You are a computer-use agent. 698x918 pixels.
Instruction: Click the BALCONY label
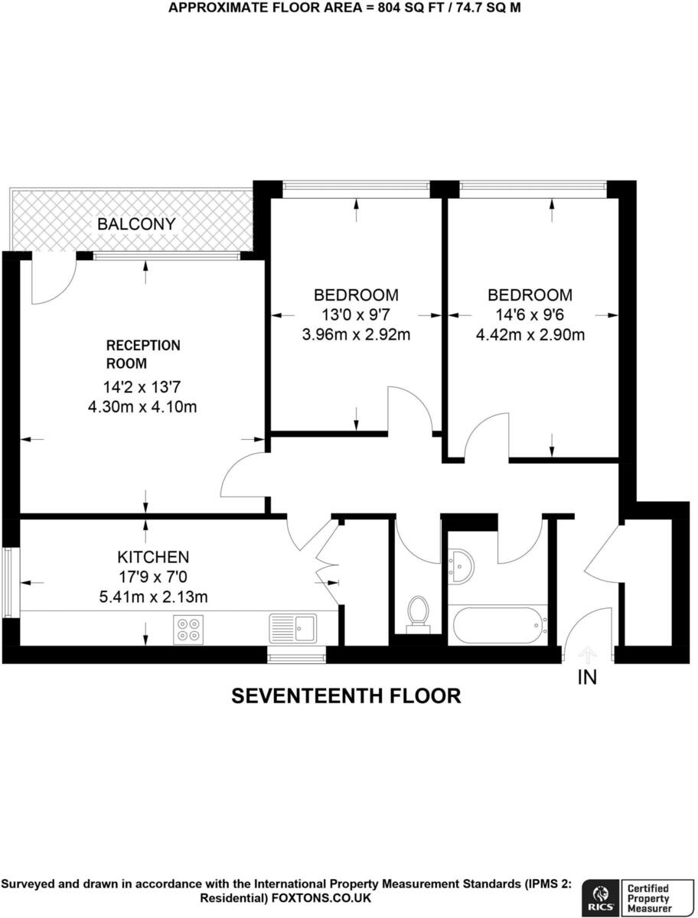135,224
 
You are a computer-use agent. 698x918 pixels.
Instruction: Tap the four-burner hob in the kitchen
188,629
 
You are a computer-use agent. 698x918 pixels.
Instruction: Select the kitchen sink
293,628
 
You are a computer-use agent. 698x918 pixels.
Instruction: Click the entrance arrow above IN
587,654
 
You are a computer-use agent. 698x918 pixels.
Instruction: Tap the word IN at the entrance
587,677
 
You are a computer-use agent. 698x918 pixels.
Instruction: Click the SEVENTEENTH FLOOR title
347,695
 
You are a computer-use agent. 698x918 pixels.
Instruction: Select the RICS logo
599,896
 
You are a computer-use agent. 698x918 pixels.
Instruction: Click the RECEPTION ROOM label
142,354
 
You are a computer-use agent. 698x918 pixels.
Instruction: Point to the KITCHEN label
153,556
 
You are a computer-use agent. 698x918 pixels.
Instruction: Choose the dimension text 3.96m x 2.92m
357,334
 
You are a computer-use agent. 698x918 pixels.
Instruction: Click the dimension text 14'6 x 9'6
530,314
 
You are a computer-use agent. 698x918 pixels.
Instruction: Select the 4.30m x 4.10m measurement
142,406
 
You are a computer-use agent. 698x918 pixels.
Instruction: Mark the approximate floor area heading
347,8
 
